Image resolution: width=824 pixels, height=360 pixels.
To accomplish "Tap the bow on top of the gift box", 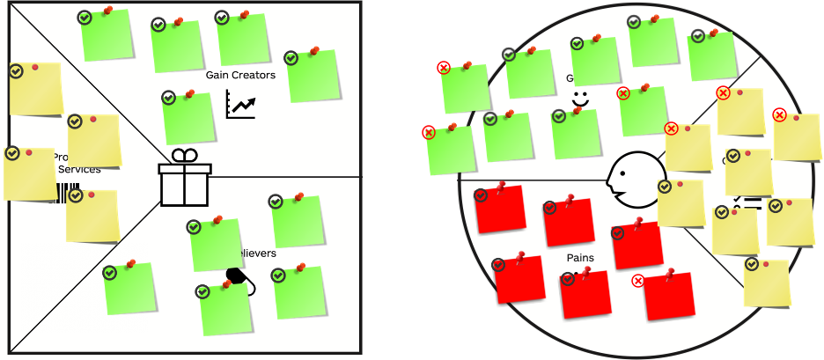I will click(x=184, y=156).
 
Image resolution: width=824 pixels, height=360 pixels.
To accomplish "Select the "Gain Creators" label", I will click(x=240, y=75).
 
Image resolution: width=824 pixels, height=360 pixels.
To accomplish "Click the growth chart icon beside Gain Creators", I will click(x=240, y=104).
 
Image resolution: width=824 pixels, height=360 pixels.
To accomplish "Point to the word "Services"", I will click(x=79, y=169).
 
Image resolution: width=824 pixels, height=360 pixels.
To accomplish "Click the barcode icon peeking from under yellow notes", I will click(x=62, y=195).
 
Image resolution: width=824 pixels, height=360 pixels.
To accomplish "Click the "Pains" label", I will click(x=580, y=259).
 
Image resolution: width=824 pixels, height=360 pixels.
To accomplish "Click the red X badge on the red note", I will click(x=638, y=281).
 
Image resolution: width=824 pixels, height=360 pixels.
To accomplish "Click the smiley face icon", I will click(x=579, y=99).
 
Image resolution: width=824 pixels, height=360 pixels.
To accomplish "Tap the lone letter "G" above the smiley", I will click(x=570, y=78).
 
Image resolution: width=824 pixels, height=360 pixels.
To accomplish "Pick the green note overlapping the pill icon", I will click(x=224, y=310).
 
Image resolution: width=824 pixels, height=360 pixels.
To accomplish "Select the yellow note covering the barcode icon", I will click(x=92, y=217).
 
